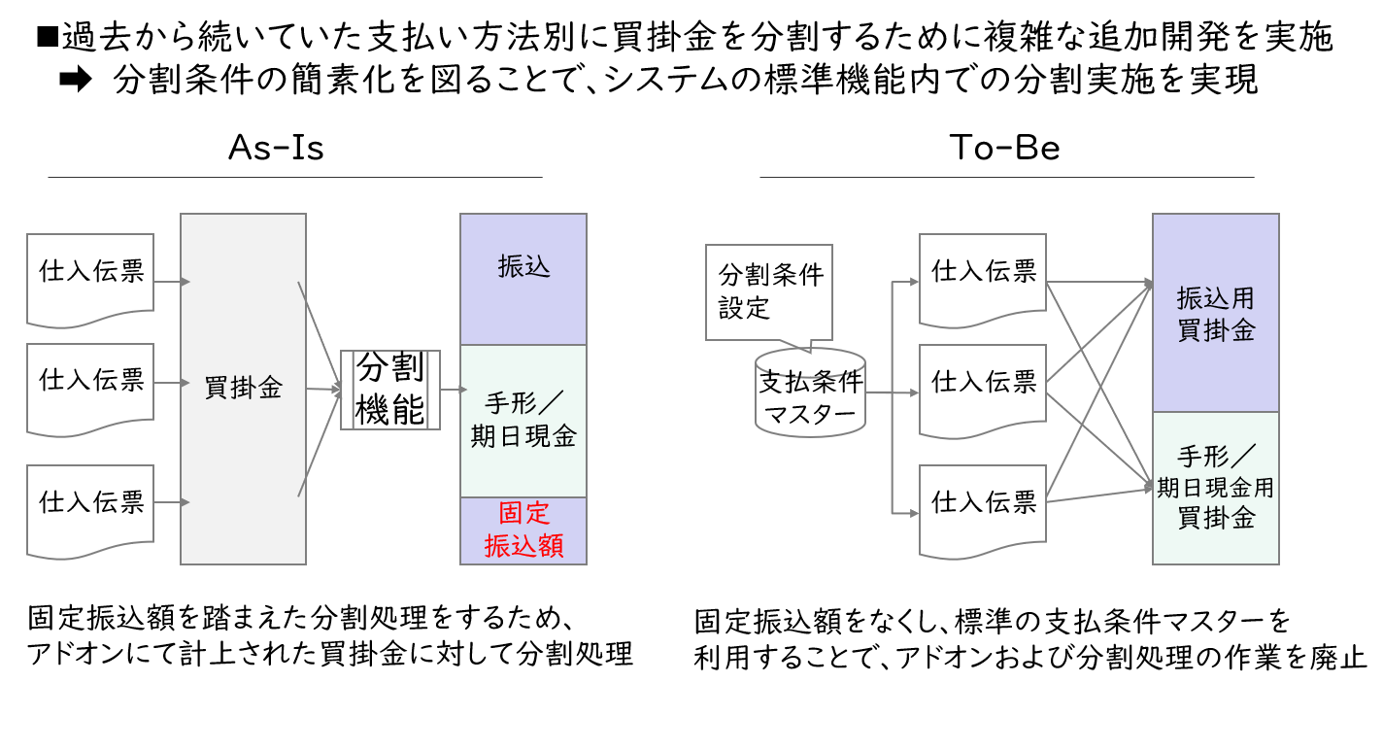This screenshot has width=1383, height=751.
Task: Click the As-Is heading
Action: [276, 148]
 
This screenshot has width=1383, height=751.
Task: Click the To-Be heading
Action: [1004, 148]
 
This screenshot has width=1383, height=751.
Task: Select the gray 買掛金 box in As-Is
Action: [243, 389]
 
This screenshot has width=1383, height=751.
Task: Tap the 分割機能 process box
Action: [390, 390]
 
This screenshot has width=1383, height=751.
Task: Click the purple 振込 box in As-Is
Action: [523, 279]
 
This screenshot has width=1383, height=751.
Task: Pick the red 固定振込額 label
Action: [523, 529]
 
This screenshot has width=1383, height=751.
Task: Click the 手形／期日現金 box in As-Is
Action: [523, 422]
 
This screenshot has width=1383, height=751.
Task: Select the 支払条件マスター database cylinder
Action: [810, 393]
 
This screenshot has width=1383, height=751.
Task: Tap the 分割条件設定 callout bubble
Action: [769, 292]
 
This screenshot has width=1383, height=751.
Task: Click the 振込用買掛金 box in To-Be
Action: [1216, 313]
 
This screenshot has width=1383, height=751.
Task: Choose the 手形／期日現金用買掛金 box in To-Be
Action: [1216, 488]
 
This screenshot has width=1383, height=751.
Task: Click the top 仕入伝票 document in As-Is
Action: [90, 279]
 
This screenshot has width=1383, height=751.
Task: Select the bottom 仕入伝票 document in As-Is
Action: [90, 511]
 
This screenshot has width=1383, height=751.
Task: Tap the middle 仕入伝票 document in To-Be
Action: [982, 391]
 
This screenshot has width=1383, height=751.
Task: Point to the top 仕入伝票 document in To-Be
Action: [982, 279]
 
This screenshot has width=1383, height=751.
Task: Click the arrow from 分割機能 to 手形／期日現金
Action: [454, 389]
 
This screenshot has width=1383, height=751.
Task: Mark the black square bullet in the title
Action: [48, 37]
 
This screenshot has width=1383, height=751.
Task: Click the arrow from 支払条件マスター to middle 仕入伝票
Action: [893, 393]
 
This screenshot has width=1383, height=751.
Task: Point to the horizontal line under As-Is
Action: [295, 177]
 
